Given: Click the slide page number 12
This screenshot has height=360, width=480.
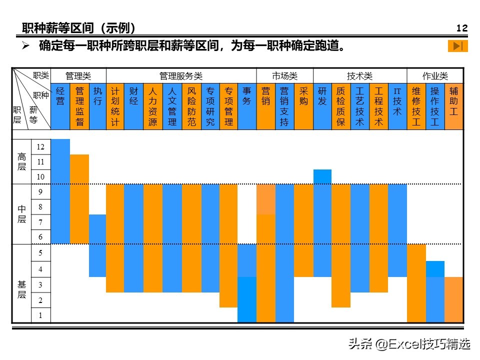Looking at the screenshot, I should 462,28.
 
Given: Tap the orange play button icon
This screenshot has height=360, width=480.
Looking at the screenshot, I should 457,46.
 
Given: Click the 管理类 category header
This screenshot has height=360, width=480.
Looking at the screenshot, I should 78,76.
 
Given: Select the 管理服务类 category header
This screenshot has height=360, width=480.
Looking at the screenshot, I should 181,76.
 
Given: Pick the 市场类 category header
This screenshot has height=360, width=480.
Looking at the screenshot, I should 284,76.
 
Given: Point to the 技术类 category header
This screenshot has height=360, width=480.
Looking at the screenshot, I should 360,76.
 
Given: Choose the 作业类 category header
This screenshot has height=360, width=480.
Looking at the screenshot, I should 435,76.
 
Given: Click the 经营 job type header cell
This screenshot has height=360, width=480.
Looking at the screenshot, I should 60,106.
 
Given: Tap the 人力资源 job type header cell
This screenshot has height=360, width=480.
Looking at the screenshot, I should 152,106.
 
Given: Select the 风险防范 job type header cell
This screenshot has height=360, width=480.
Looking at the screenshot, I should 191,106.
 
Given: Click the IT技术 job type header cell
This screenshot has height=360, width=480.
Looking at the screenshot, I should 397,106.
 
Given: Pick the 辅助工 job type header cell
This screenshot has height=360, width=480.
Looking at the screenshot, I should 453,106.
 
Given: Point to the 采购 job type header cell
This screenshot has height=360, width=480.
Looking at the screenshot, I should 303,106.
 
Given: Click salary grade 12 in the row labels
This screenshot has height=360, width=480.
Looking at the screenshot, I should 40,147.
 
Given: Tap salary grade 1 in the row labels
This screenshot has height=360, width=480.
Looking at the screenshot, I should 40,315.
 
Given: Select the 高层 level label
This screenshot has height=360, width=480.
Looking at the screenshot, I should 21,161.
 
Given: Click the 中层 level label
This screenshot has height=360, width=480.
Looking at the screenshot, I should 21,214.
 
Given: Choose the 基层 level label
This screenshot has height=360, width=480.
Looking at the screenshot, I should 21,289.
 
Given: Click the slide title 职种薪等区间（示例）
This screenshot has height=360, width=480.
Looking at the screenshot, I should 79,28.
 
